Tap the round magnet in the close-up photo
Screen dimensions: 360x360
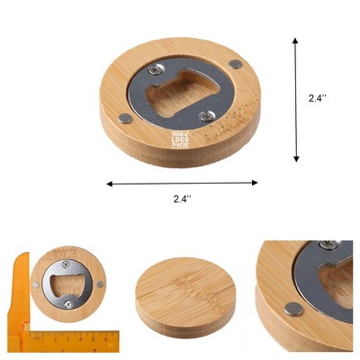point(292,309)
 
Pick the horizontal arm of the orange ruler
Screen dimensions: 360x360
point(67,340)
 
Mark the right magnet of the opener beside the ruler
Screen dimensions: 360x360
point(100,285)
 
